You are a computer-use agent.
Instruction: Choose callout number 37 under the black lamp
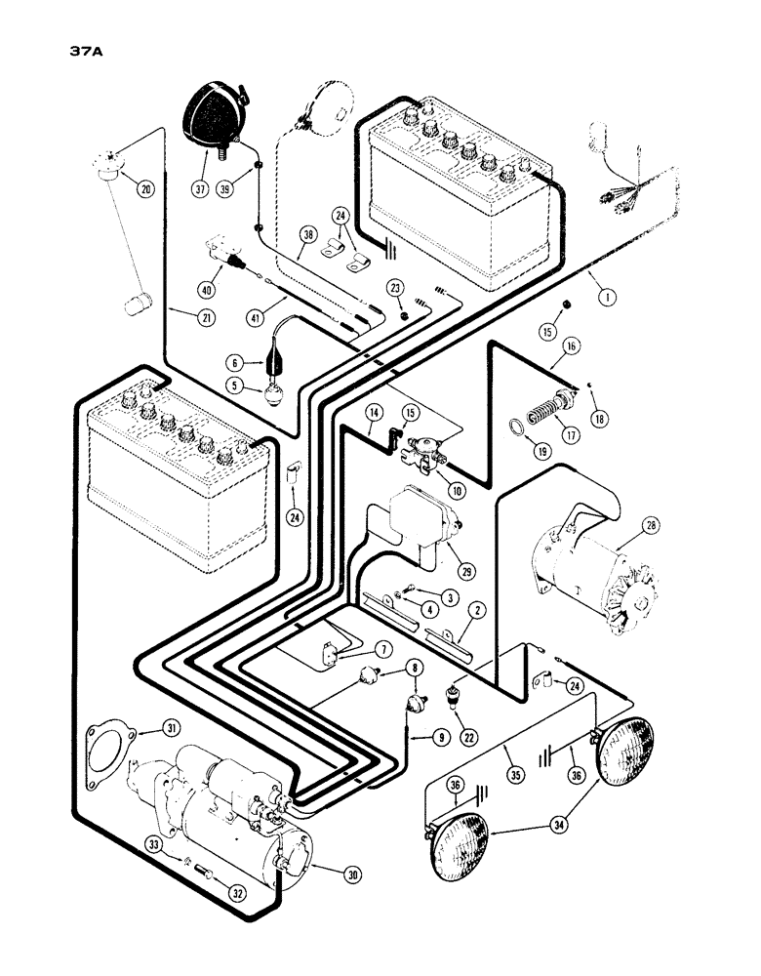coord(200,188)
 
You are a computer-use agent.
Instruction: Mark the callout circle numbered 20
coord(145,189)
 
